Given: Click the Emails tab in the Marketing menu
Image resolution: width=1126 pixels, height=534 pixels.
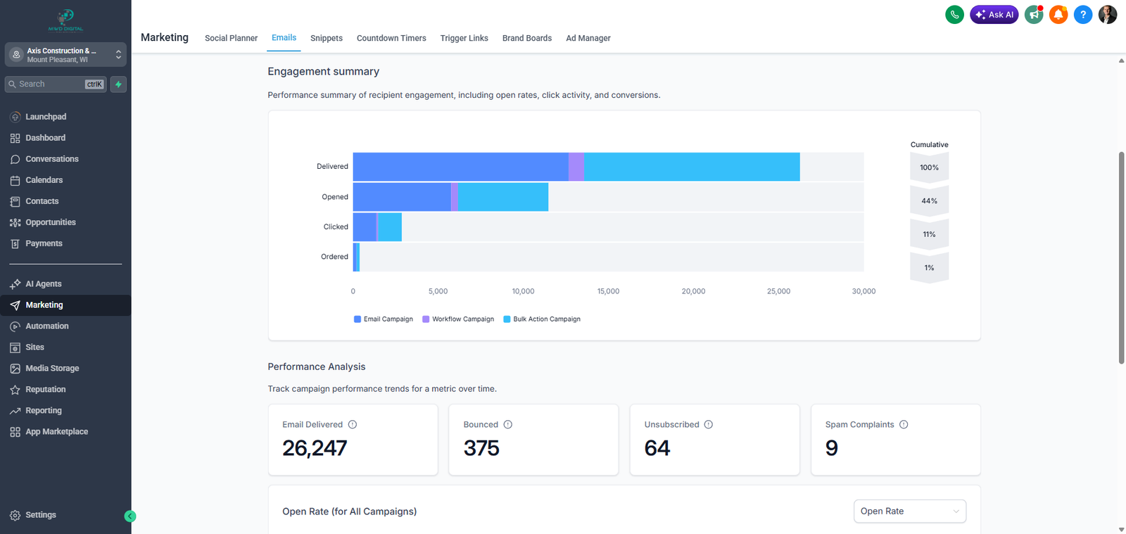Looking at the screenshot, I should [x=284, y=38].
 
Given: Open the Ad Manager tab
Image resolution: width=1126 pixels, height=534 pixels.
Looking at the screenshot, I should [x=588, y=38].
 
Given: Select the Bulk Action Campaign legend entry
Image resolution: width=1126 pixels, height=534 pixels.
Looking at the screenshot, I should [x=546, y=319].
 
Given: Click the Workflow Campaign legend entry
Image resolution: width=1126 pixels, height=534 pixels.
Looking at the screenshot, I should [x=462, y=319].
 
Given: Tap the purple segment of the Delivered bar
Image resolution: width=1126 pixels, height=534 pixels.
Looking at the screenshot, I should [x=576, y=167].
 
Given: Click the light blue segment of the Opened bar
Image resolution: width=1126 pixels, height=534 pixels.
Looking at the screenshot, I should [x=502, y=197].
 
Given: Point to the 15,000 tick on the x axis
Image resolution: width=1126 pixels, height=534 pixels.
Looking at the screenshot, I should [x=608, y=291].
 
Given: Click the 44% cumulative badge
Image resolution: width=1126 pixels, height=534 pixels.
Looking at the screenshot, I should [x=929, y=201].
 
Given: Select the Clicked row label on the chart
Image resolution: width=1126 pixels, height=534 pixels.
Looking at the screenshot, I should [x=336, y=227].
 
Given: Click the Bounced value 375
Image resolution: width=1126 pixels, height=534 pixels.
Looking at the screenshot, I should [x=481, y=448].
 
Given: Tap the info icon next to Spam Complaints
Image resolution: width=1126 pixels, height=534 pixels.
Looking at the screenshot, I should [x=904, y=425].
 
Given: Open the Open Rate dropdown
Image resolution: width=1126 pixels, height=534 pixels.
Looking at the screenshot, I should [x=909, y=511].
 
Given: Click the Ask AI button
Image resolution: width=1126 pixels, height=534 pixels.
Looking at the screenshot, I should [x=994, y=14].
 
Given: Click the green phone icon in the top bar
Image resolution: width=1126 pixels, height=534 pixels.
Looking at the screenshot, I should [x=954, y=14].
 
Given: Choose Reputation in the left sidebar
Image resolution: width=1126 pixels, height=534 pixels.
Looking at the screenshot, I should [x=45, y=390].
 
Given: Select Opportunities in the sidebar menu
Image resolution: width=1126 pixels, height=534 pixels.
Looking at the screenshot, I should [x=50, y=222].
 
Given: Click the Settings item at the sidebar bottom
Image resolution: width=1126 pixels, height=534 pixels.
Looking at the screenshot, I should [x=40, y=515].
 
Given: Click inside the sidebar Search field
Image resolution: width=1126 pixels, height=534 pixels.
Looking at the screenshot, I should [x=49, y=84].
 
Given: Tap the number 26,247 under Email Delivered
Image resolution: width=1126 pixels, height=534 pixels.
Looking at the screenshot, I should [x=315, y=448].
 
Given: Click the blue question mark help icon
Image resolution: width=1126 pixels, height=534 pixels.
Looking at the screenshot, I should [x=1083, y=14].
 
